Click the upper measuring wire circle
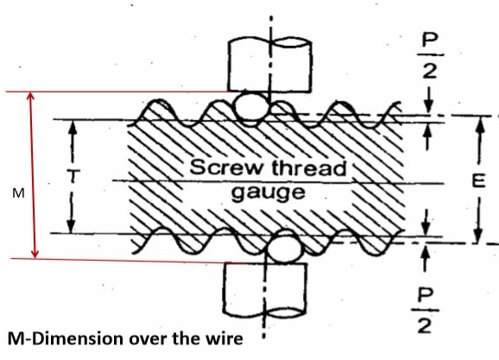[x=251, y=108]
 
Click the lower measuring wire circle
[x=284, y=248]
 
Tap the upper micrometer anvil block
[x=270, y=65]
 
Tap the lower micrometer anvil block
[x=265, y=290]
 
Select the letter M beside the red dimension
[x=18, y=193]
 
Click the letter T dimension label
[x=73, y=176]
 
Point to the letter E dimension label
[x=478, y=181]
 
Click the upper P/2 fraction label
[x=430, y=56]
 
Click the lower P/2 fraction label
[x=425, y=311]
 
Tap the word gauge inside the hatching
[x=268, y=193]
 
